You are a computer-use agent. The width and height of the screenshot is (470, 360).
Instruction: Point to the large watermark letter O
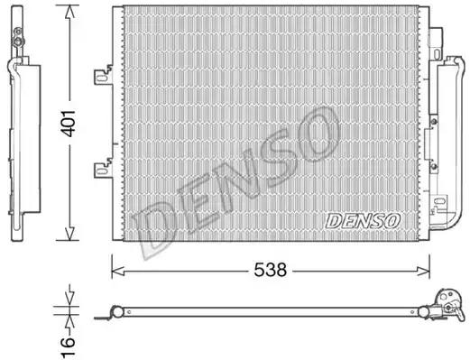coord(316,135)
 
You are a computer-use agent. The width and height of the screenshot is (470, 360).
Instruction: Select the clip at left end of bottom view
coord(115,312)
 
